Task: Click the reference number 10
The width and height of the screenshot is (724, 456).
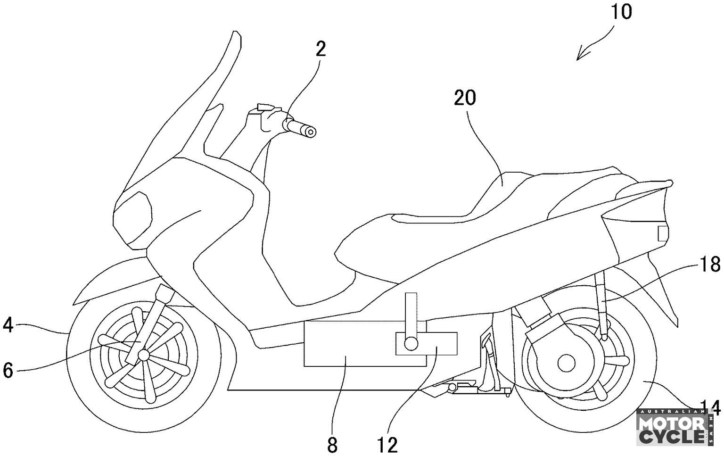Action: pyautogui.click(x=621, y=12)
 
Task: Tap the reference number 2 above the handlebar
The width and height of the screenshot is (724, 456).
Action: pyautogui.click(x=321, y=49)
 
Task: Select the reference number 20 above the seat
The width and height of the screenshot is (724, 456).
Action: pyautogui.click(x=465, y=98)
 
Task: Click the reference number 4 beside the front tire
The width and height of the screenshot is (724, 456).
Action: pyautogui.click(x=8, y=325)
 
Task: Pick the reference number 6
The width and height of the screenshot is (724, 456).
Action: pyautogui.click(x=8, y=370)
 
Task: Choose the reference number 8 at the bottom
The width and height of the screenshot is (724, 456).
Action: pyautogui.click(x=332, y=445)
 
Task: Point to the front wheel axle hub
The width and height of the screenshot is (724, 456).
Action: pyautogui.click(x=143, y=354)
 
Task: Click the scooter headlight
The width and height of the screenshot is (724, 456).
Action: pyautogui.click(x=134, y=213)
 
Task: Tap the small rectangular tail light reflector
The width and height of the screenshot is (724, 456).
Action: pyautogui.click(x=663, y=233)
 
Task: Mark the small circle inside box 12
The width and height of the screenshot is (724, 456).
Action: pyautogui.click(x=411, y=343)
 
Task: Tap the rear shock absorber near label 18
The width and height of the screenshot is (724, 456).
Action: pyautogui.click(x=602, y=302)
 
